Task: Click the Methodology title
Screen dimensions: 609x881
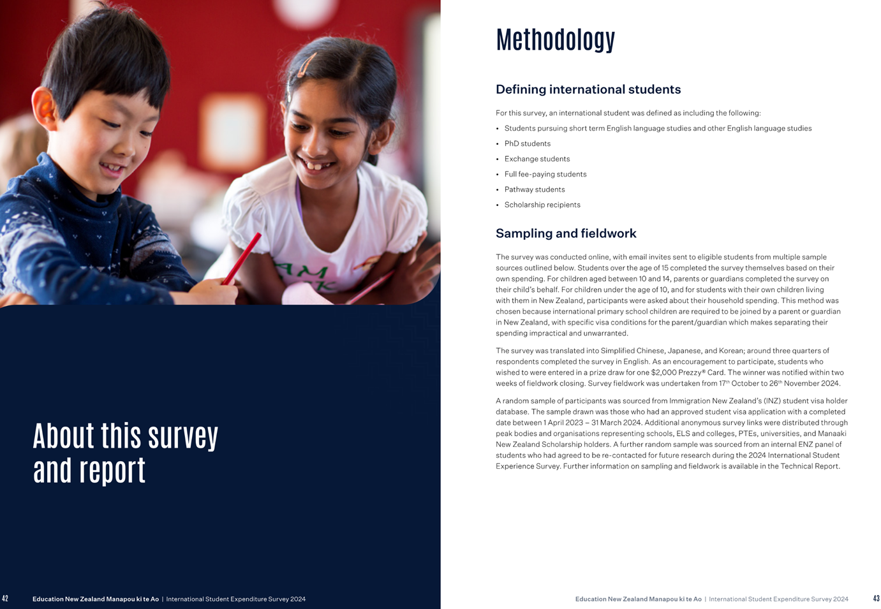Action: [x=555, y=40]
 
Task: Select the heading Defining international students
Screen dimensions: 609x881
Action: [x=588, y=89]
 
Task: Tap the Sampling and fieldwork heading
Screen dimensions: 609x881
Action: [x=566, y=233]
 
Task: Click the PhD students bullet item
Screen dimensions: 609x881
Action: [x=527, y=143]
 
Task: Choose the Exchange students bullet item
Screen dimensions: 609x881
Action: [x=537, y=159]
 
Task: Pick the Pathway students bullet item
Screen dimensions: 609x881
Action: [x=534, y=189]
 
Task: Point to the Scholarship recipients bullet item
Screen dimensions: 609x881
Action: [x=542, y=205]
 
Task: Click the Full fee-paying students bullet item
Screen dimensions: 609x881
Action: [x=545, y=174]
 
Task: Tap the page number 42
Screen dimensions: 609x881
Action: [x=5, y=599]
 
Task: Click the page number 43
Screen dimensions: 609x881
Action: [x=876, y=599]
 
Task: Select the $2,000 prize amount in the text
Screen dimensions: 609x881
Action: [x=663, y=372]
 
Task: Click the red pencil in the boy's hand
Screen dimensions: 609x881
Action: [x=242, y=258]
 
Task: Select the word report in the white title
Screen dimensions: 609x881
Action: [x=112, y=471]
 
